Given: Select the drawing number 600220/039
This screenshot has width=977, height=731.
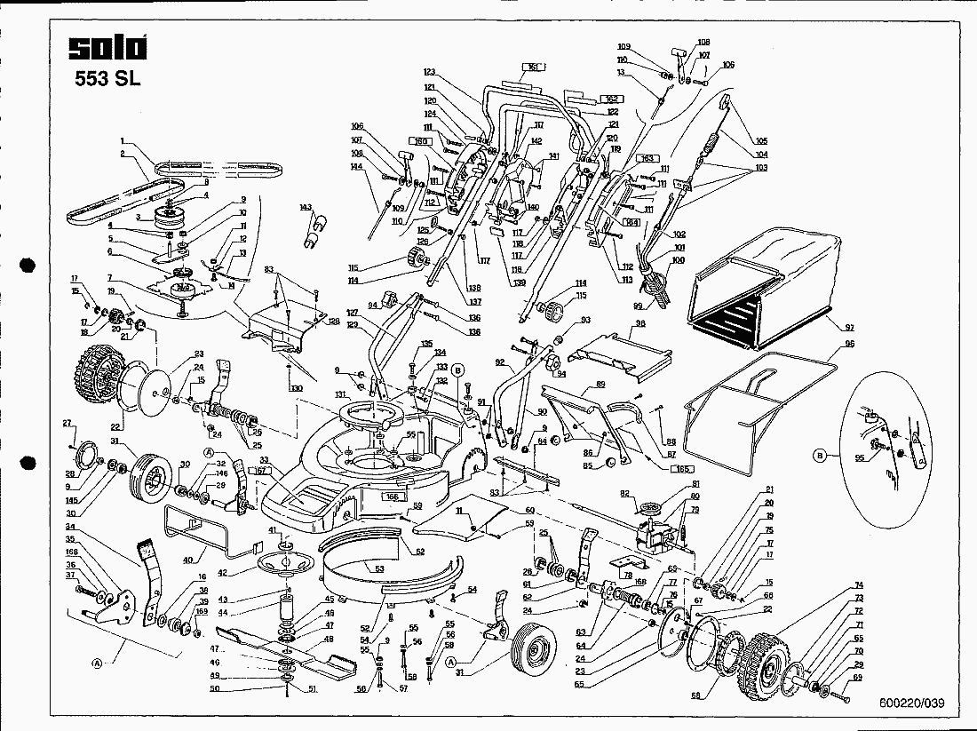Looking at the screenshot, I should [x=912, y=703].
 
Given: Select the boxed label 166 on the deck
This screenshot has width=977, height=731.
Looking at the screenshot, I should [x=392, y=498].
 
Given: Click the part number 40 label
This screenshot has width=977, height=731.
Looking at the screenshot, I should [x=187, y=560].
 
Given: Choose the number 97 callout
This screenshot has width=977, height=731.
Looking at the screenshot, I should [x=850, y=328].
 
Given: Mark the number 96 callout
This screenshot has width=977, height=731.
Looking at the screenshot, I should [x=850, y=344].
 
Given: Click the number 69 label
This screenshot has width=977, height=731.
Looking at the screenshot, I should [x=857, y=678].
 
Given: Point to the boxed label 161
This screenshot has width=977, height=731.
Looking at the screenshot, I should [x=533, y=68].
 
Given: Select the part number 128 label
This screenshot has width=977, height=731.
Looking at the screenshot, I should [x=333, y=321].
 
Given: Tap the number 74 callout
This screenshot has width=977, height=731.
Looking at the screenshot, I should [x=859, y=585].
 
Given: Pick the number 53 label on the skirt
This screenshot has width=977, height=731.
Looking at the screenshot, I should [x=379, y=568].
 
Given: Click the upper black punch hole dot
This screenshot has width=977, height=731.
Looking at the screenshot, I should [x=27, y=265].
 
